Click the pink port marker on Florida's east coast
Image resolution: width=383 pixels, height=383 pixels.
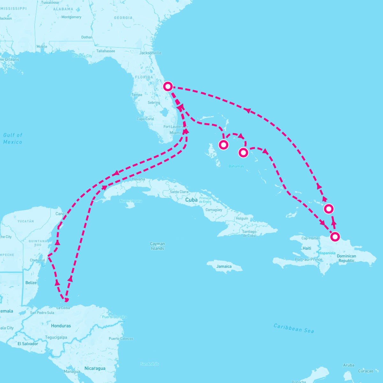click(168, 86)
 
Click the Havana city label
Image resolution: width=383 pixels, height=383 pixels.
click(138, 179)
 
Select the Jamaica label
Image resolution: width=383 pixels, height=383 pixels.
click(224, 267)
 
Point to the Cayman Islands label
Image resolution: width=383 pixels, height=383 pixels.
click(157, 246)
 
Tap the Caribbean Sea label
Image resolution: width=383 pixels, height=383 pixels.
click(294, 328)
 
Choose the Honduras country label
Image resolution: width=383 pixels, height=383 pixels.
click(61, 326)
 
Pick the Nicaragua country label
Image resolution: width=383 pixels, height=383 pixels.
click(95, 368)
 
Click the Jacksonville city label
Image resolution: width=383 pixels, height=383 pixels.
click(151, 53)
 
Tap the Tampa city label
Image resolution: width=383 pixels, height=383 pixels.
click(137, 95)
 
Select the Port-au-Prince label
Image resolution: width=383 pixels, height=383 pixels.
click(309, 259)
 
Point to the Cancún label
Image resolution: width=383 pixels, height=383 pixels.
click(62, 214)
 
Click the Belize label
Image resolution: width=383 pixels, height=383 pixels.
click(31, 283)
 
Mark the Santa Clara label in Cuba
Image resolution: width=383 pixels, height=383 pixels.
click(179, 192)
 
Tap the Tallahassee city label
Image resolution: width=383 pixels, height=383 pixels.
click(106, 51)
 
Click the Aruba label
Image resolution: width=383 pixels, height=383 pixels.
click(349, 365)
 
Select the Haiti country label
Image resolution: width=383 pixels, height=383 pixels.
click(307, 248)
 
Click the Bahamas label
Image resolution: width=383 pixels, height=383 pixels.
click(236, 166)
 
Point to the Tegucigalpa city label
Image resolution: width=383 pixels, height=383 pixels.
click(56, 337)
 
